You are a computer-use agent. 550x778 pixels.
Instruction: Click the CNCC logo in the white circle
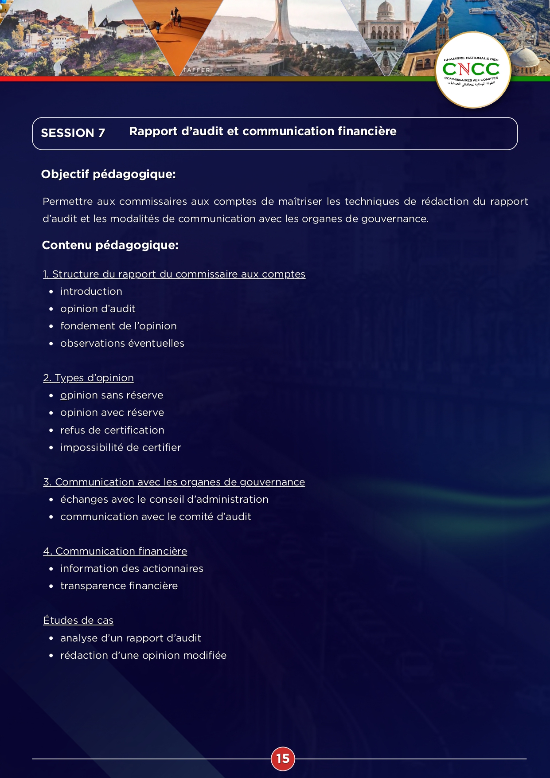pyautogui.click(x=473, y=70)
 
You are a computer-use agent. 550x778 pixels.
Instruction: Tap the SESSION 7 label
pyautogui.click(x=73, y=133)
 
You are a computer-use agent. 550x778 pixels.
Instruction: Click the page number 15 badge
pyautogui.click(x=283, y=758)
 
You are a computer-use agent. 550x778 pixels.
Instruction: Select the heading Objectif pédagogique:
pyautogui.click(x=108, y=174)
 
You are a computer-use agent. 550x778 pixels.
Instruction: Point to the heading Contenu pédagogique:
pyautogui.click(x=110, y=245)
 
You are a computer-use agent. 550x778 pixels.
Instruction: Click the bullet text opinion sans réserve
pyautogui.click(x=112, y=395)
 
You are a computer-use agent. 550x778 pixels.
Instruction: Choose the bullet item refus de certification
pyautogui.click(x=112, y=430)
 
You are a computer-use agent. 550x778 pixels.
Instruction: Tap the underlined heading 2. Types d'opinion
pyautogui.click(x=88, y=378)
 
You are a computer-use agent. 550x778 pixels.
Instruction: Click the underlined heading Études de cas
pyautogui.click(x=78, y=620)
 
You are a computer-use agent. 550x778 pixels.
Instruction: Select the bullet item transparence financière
pyautogui.click(x=119, y=586)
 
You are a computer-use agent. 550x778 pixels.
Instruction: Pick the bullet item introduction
pyautogui.click(x=91, y=291)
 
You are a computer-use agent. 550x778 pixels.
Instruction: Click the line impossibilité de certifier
pyautogui.click(x=121, y=447)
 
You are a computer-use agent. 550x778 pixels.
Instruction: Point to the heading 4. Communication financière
pyautogui.click(x=115, y=551)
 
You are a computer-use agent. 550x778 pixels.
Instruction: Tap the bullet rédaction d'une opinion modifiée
pyautogui.click(x=143, y=655)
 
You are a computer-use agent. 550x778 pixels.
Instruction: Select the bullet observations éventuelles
pyautogui.click(x=122, y=343)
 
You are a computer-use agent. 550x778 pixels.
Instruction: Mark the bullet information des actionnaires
pyautogui.click(x=132, y=568)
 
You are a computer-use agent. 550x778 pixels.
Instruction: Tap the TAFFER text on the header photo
pyautogui.click(x=197, y=70)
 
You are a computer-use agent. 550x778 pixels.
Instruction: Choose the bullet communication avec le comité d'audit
pyautogui.click(x=156, y=516)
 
